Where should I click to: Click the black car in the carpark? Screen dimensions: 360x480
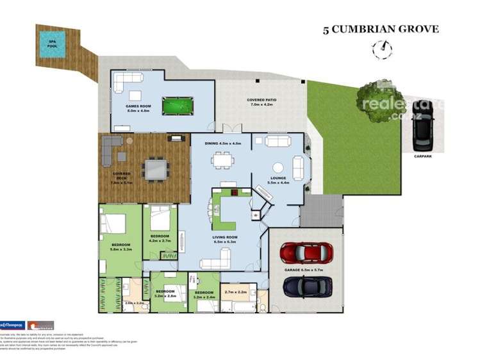tap(422, 125)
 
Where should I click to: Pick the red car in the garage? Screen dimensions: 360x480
tap(306, 252)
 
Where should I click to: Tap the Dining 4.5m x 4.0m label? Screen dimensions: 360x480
tap(222, 143)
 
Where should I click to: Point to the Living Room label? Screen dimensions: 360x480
tap(225, 240)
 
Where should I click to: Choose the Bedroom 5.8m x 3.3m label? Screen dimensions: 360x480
tap(120, 247)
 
